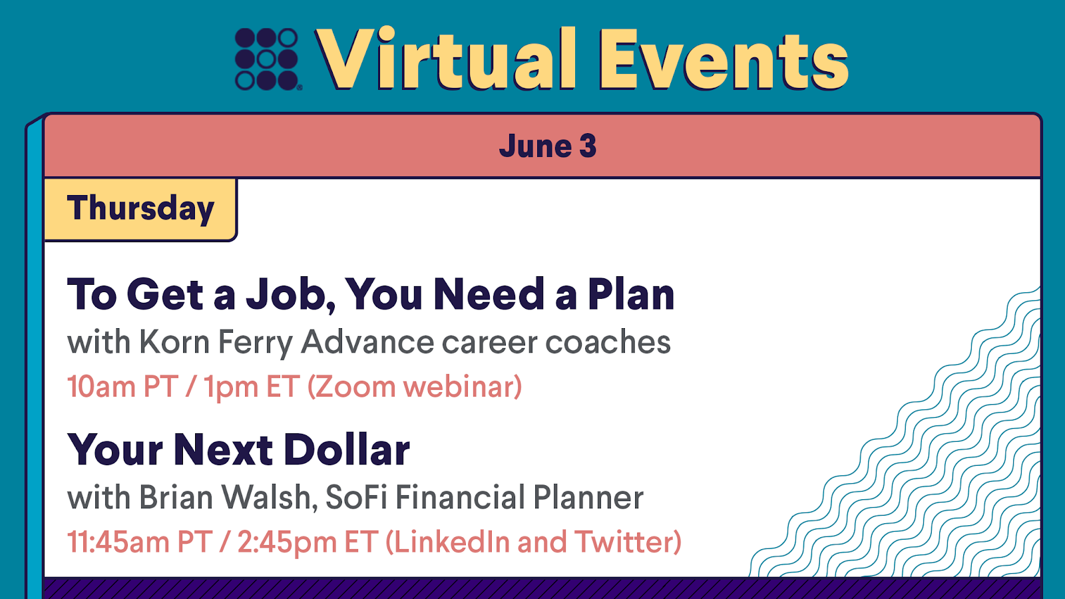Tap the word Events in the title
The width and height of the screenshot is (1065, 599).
pos(723,59)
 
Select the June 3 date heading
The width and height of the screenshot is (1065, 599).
pos(547,146)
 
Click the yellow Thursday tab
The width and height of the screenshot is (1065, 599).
pos(140,210)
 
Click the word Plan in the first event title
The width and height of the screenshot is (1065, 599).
pos(631,294)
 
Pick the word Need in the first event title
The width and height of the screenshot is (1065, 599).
pos(489,294)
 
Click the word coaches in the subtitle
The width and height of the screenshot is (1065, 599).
pos(556,342)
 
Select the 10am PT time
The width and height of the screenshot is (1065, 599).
pos(122,386)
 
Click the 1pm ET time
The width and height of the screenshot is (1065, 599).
pos(252,387)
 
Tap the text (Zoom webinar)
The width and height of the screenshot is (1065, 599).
pos(415,386)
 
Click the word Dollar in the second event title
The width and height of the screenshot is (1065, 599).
pos(347,449)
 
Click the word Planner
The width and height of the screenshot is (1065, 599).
pos(588,497)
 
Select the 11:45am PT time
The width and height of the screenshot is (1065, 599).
pos(140,542)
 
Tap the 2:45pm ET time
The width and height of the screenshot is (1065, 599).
pos(308,542)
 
